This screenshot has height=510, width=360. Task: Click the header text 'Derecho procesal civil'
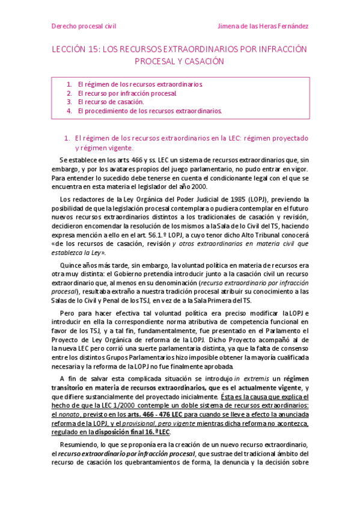pos(84,26)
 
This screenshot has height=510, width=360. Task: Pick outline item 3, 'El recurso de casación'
pos(111,102)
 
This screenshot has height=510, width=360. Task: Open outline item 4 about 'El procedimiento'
pos(150,111)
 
